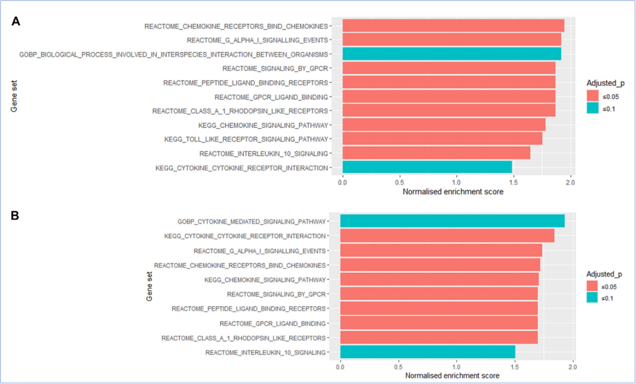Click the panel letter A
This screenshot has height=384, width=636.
[x=16, y=21]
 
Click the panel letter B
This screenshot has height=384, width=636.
[x=16, y=216]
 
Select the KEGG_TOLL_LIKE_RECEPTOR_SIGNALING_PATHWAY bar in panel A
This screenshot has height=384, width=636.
[x=442, y=139]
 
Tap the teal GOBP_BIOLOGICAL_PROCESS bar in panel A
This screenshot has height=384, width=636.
[x=452, y=54]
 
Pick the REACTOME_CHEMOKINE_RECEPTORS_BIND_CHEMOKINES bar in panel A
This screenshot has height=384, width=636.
[x=453, y=25]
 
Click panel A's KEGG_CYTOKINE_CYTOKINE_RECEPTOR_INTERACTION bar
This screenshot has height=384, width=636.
[x=427, y=168]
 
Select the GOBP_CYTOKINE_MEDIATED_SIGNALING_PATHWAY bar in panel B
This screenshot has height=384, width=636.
[x=452, y=221]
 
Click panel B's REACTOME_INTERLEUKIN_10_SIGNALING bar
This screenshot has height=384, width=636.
[x=427, y=353]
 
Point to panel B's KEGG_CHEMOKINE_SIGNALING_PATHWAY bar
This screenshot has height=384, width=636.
[x=439, y=279]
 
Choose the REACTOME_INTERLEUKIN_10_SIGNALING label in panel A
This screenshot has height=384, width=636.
[x=264, y=154]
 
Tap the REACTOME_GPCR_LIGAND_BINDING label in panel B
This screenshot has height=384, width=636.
[x=273, y=324]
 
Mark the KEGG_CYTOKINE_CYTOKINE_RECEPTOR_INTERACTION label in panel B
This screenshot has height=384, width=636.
[x=245, y=236]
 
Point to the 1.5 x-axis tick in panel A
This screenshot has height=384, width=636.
[x=513, y=183]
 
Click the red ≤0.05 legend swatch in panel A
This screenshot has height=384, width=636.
[x=593, y=97]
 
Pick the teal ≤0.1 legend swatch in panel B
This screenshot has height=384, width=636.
[x=593, y=298]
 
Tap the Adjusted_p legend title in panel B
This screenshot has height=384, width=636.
[x=604, y=274]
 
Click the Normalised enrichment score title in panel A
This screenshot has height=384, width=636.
[x=453, y=192]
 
